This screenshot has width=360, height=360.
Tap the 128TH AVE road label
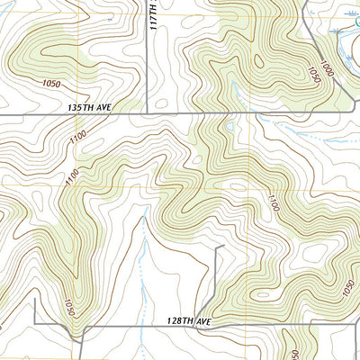point(187,320)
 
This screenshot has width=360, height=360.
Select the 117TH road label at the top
point(154,15)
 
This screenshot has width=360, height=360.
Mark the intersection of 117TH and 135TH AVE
point(147,115)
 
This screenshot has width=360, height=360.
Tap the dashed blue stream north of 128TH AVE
point(142,261)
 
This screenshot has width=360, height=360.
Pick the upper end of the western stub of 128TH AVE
point(35,300)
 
